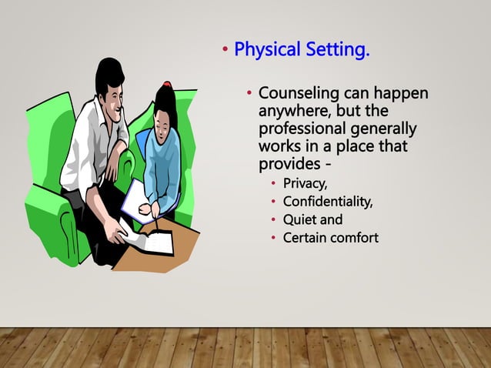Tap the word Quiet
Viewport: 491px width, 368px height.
click(300, 219)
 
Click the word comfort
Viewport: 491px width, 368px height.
click(354, 237)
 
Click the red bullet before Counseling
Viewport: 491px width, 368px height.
click(249, 94)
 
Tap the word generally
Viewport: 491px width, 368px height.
click(389, 128)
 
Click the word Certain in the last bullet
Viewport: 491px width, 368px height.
click(305, 237)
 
